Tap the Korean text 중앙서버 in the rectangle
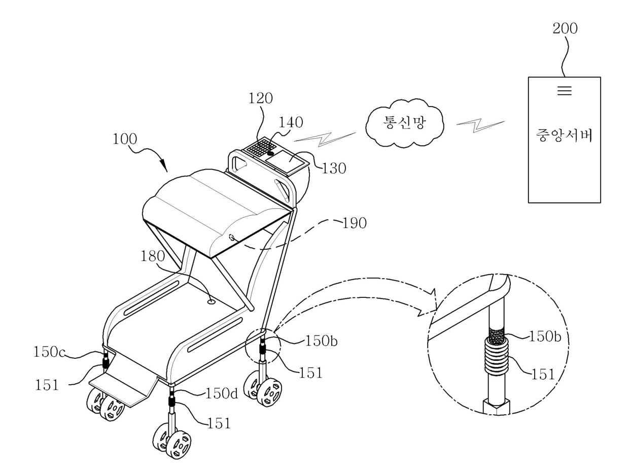[x=564, y=136]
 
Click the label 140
[x=290, y=122]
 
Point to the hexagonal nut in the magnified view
[x=495, y=407]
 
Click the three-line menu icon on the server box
[x=564, y=91]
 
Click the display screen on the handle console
[x=287, y=158]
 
